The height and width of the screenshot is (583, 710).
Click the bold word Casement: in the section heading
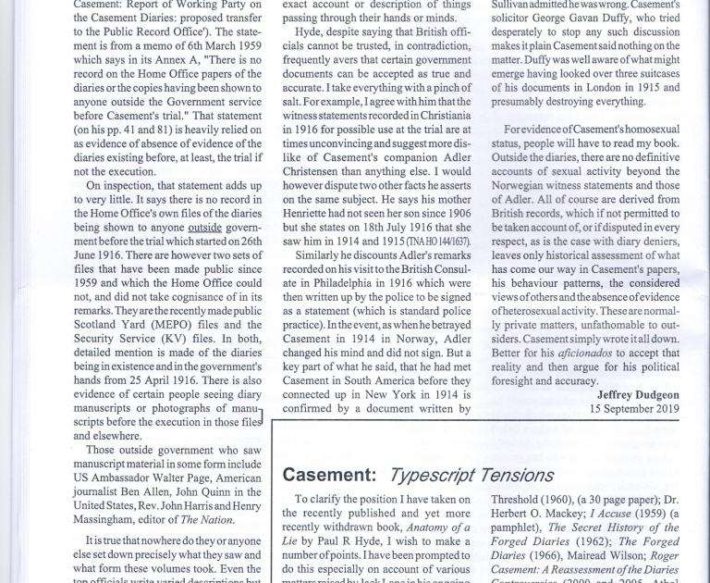(329, 476)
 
